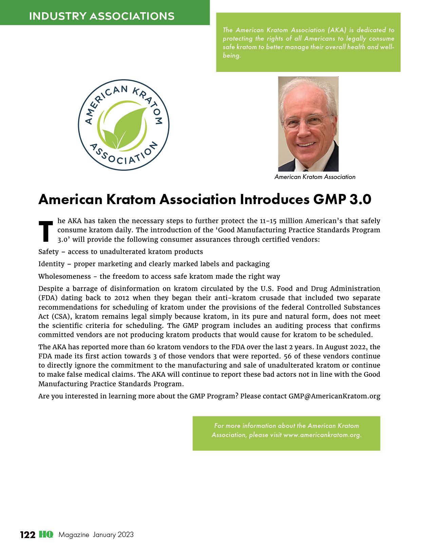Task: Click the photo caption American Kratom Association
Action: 315,177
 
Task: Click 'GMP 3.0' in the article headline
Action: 342,199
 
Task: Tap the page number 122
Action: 27,535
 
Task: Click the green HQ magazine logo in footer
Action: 46,535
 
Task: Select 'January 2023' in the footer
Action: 113,535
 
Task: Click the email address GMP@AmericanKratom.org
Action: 334,396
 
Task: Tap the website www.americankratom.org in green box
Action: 322,435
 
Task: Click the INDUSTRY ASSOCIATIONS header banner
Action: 102,16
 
